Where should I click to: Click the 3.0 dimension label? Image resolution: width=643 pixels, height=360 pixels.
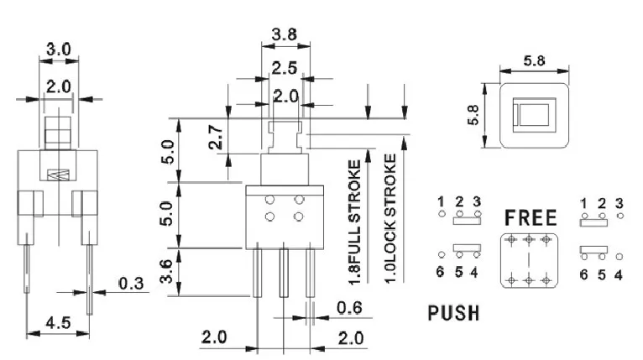click(x=58, y=50)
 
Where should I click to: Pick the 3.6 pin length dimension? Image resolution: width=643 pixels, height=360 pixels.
click(x=168, y=271)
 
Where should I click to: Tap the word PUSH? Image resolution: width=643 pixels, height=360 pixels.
click(x=453, y=314)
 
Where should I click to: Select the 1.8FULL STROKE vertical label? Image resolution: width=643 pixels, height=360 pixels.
click(x=354, y=217)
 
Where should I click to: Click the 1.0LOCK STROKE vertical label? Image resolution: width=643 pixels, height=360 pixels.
click(x=389, y=217)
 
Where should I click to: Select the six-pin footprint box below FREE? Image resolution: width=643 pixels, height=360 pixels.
click(x=529, y=260)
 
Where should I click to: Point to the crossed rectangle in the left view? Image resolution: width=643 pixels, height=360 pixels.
click(x=58, y=175)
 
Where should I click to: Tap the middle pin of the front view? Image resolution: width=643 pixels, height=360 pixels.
click(x=284, y=274)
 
